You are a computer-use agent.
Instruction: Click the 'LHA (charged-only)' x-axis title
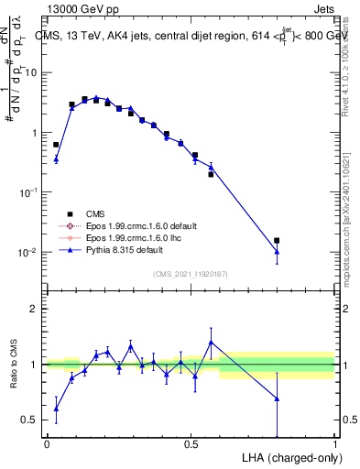point(286,456)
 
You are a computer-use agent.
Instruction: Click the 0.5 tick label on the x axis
point(191,444)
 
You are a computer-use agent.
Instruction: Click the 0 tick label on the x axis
point(47,444)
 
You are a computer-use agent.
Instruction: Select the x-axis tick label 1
point(335,444)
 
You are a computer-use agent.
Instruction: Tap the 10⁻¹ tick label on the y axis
point(29,192)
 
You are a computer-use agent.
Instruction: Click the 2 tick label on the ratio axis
point(35,309)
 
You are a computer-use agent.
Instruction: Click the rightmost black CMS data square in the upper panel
point(277,240)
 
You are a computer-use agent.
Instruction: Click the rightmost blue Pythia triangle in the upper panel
point(277,251)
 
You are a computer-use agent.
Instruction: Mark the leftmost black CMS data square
point(56,145)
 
